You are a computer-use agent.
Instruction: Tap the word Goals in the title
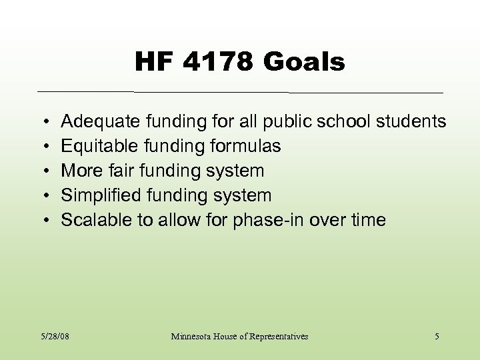305,63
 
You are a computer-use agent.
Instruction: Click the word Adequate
101,121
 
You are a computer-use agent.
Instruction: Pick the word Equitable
97,146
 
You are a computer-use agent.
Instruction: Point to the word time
368,220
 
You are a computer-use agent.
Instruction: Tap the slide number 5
437,337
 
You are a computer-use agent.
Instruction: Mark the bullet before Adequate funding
43,122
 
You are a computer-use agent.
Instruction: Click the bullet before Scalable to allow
43,221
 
